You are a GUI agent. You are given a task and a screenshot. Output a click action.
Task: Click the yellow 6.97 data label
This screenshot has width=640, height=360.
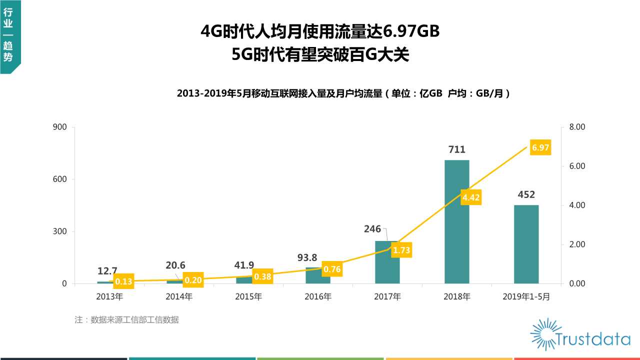(540, 147)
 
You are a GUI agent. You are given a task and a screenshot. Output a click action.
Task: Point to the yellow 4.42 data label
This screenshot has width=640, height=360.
(471, 198)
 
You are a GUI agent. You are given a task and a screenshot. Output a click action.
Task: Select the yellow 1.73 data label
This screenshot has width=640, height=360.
(401, 249)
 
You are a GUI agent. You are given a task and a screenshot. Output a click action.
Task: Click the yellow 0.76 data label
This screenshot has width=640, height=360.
(332, 269)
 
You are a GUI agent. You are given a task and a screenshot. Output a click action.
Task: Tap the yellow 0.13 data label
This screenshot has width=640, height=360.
(123, 281)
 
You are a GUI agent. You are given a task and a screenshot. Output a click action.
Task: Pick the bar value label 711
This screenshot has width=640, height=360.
(456, 149)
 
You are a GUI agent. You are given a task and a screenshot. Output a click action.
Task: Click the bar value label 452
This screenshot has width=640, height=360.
(526, 194)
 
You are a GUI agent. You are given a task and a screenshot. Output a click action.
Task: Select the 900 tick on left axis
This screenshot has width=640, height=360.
(60, 127)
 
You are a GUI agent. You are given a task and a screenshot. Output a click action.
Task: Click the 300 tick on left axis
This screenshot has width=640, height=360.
(60, 231)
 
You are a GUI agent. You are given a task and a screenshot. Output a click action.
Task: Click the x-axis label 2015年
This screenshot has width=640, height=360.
(248, 296)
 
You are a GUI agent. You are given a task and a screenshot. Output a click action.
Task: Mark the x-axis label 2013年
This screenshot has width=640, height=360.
(109, 296)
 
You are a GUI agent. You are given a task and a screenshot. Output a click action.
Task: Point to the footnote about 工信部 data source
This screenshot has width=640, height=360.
(126, 320)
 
